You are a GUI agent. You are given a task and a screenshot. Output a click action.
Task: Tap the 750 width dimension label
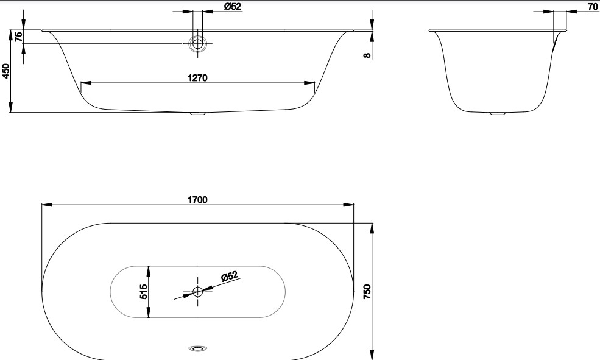click(367, 292)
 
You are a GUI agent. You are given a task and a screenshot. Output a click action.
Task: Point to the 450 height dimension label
click(6, 72)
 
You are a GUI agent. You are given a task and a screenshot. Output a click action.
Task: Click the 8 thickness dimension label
click(367, 55)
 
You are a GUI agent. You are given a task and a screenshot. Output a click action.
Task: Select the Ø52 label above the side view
click(232, 6)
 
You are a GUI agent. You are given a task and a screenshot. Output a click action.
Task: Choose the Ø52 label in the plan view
click(230, 277)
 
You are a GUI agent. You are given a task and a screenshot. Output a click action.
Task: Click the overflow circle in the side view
click(197, 43)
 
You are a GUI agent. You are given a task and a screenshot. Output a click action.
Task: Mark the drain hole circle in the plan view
click(197, 292)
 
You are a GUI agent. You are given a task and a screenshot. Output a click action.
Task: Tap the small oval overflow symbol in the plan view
click(197, 348)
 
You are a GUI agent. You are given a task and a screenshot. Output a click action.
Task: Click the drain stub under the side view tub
click(198, 113)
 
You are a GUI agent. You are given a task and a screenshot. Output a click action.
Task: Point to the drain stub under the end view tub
click(498, 113)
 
